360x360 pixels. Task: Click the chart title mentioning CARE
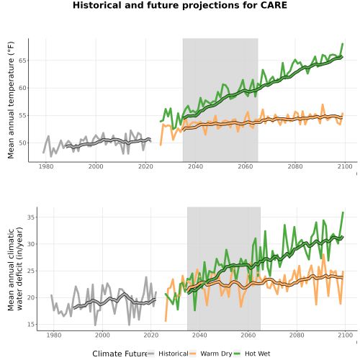[180, 5]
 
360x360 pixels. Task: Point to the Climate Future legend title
[120, 354]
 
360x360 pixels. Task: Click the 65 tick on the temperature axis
[22, 60]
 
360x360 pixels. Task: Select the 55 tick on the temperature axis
[22, 115]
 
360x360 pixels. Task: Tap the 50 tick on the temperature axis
[22, 143]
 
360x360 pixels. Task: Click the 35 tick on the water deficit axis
[31, 217]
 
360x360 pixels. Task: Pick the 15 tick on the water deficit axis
[31, 325]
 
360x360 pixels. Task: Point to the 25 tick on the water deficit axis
[31, 271]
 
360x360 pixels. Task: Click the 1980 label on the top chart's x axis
[46, 166]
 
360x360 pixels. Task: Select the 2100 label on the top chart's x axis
[345, 166]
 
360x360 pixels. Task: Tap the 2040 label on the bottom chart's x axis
[199, 335]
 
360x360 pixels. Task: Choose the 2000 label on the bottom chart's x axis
[102, 335]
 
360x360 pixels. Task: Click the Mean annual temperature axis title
[11, 100]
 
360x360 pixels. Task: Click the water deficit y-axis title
[15, 269]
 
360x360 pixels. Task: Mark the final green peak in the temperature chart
[343, 44]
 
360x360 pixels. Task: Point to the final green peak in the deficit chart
[343, 212]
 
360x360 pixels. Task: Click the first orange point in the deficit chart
[166, 320]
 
